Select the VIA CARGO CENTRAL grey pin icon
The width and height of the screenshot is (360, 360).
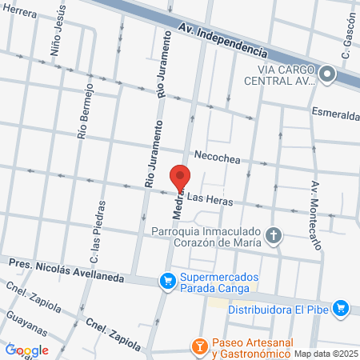click(326, 75)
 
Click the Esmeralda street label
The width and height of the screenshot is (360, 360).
click(335, 114)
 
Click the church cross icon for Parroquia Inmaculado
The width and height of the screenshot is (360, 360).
click(274, 235)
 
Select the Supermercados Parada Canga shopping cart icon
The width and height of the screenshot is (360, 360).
click(167, 281)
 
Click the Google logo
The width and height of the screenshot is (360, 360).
click(27, 350)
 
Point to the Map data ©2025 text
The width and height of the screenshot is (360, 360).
click(326, 353)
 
